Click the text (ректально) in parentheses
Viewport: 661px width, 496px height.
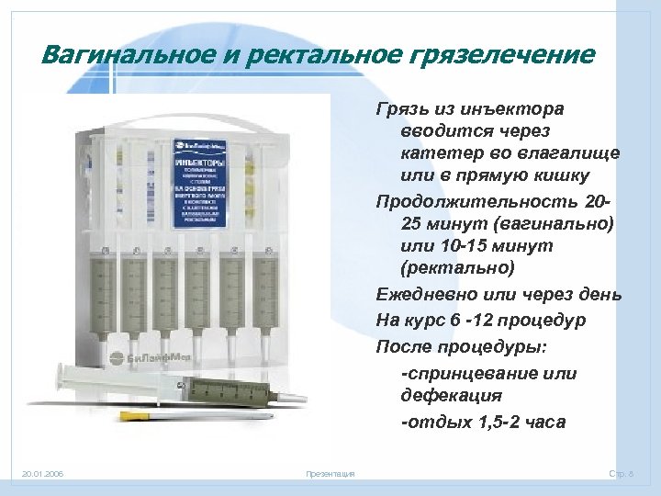458,269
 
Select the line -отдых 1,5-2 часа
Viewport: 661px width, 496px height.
483,422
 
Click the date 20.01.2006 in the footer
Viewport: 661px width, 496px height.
43,475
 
